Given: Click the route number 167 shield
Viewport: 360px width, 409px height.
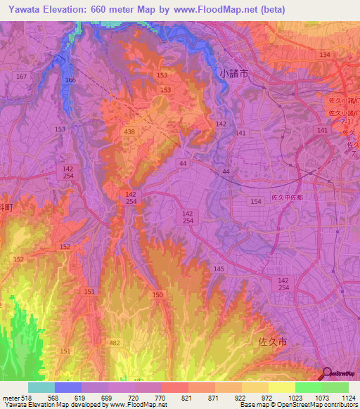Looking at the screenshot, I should point(21,76).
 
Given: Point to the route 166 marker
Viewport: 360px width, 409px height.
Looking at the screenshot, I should point(70,81).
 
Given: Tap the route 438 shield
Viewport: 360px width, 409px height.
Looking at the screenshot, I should point(129,131).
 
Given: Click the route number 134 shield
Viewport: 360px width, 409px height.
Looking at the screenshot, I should point(324,55).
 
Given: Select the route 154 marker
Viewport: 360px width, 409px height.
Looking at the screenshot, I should point(255,202).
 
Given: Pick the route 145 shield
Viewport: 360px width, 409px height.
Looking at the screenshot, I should point(219,269).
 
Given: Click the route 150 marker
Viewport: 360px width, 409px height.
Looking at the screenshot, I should point(157,294).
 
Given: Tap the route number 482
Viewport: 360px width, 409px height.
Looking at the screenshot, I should point(115,342).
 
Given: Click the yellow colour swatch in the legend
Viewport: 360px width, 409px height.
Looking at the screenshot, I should point(281,387).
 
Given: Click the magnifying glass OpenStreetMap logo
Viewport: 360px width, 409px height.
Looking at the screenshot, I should point(326,373).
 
